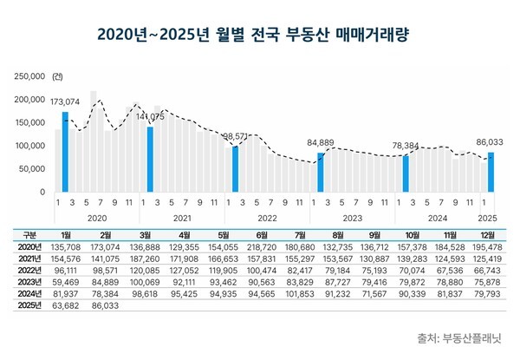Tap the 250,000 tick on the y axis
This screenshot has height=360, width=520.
(30, 76)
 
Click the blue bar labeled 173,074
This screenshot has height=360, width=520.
(65, 152)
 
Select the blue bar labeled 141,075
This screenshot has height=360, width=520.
(150, 160)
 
